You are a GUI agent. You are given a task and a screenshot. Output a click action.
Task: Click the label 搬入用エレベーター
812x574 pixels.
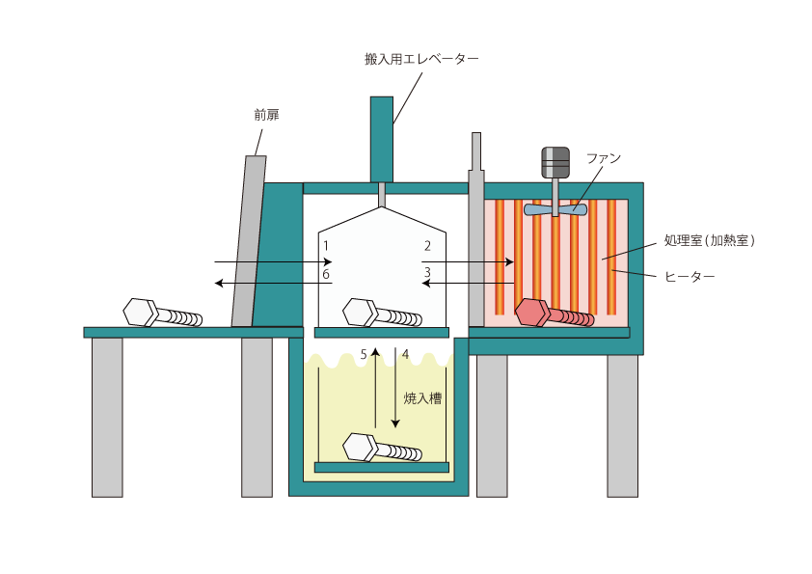click(x=421, y=59)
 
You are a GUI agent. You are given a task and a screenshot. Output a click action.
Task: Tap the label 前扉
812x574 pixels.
click(x=266, y=115)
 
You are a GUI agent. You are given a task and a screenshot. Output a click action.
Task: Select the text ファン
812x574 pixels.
click(x=604, y=157)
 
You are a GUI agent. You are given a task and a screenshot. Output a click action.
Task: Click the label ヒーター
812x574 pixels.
click(x=690, y=276)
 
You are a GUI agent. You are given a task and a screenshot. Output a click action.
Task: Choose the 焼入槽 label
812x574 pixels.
click(x=422, y=397)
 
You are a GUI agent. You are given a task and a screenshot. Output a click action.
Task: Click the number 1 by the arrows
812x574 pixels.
click(x=327, y=246)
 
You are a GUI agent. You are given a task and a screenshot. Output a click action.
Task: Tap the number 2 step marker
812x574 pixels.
click(x=426, y=246)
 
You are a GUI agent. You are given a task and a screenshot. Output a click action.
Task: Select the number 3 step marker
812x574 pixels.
click(x=426, y=274)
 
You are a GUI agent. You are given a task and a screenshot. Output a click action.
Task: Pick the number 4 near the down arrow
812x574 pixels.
click(x=405, y=355)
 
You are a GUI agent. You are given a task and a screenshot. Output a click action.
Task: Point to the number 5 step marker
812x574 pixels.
click(x=364, y=355)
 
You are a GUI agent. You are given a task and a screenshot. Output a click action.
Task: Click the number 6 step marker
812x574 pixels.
click(x=327, y=275)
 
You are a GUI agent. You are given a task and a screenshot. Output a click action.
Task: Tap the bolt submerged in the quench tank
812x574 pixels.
click(x=382, y=450)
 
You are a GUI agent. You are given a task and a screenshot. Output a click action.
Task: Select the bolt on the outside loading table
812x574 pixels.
click(x=162, y=314)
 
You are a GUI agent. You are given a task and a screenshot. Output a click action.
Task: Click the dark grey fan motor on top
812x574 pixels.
click(x=555, y=162)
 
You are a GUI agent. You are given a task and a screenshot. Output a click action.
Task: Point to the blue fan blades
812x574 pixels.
click(x=555, y=207)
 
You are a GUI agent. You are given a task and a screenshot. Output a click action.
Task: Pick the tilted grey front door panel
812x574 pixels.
click(x=248, y=241)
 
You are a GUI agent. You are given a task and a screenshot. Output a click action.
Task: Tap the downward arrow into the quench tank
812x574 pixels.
click(x=394, y=396)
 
